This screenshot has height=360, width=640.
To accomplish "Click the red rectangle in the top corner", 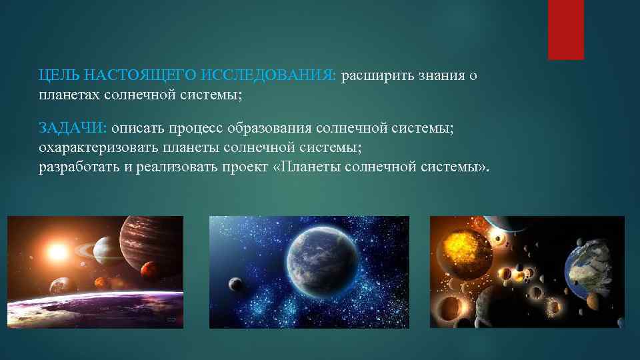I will pos(565,29).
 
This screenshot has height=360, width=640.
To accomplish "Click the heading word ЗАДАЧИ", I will pos(73,128).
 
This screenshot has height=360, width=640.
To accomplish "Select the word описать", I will pos(140,128).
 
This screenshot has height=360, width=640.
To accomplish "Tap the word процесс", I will pos(199,128).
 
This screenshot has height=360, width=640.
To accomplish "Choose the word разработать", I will pos(79,165).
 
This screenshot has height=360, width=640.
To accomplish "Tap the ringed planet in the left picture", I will pos(103,251).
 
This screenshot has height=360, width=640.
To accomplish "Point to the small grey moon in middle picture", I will pos(234,285).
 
